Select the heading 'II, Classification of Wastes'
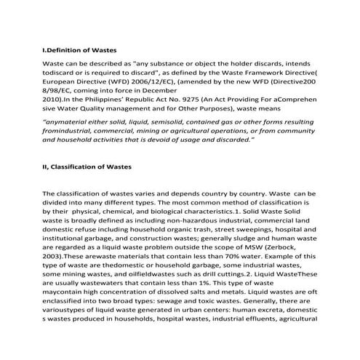pos(87,167)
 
